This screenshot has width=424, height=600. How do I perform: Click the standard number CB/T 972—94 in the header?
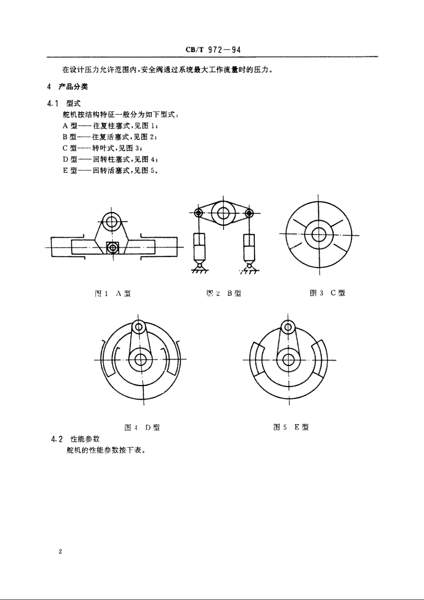[213, 50]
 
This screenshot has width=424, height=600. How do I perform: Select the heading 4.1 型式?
[64, 104]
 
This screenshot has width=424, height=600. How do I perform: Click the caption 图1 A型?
[112, 293]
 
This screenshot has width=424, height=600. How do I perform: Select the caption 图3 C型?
[327, 293]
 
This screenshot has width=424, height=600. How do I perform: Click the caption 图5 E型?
[291, 427]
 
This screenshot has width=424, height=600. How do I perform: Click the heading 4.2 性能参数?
[75, 439]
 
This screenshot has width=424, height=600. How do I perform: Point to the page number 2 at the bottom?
[60, 552]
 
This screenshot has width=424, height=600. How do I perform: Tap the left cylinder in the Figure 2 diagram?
[199, 246]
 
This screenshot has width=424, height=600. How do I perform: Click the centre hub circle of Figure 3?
[318, 233]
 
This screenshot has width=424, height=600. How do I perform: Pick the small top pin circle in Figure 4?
[139, 328]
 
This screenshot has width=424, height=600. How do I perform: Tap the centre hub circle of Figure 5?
[288, 359]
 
